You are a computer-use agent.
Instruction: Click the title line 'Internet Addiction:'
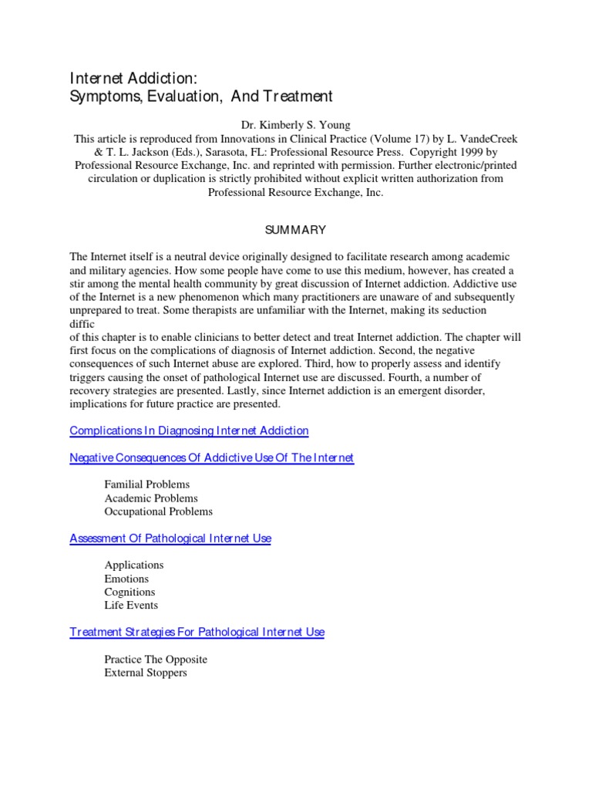click(137, 77)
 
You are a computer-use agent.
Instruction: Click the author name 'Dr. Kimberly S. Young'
click(295, 125)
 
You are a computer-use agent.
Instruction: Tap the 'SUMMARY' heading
click(295, 230)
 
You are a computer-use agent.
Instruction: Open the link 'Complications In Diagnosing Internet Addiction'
click(189, 430)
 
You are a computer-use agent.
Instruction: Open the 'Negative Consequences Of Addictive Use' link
click(211, 457)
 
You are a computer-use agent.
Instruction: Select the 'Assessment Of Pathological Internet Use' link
click(170, 538)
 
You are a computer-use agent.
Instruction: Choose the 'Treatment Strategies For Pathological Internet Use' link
click(197, 632)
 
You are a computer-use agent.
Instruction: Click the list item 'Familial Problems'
click(146, 484)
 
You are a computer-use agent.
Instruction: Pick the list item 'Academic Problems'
click(151, 498)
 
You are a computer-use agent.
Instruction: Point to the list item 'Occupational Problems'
click(159, 511)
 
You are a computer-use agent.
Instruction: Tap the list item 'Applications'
click(134, 565)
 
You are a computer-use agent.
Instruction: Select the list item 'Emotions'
click(126, 579)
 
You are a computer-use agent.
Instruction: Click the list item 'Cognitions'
click(129, 592)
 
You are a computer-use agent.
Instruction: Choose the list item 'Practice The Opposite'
click(156, 660)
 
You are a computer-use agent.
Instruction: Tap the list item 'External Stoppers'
click(146, 673)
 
